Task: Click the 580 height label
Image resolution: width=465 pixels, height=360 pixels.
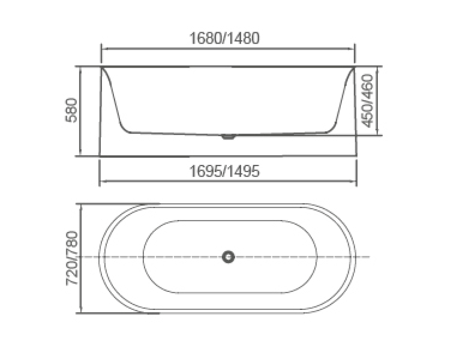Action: pos(73,111)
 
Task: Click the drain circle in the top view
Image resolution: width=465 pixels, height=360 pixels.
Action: pos(228,257)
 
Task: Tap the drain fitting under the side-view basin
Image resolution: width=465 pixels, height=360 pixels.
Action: pos(228,137)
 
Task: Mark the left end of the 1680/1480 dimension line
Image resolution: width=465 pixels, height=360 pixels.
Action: pos(101,49)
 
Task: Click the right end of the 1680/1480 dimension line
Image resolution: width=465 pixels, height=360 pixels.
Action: pos(355,49)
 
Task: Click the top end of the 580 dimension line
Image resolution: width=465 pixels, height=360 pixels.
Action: pos(81,67)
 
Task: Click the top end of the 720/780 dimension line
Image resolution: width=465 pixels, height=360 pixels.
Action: pos(81,205)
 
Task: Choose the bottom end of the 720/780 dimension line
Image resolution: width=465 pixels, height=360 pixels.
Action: pos(81,313)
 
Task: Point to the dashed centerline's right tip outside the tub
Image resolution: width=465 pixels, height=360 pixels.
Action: pos(370,257)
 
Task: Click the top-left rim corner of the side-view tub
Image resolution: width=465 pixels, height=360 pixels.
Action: pos(101,68)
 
